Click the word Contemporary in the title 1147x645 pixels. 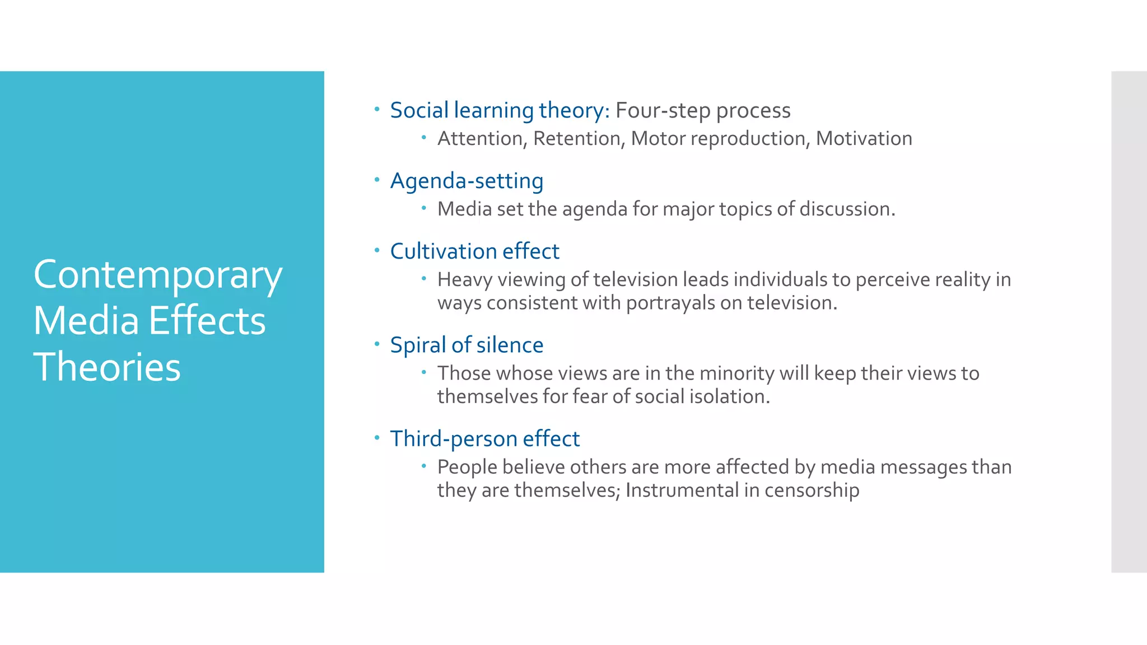[157, 275]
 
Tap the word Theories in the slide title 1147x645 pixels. [107, 367]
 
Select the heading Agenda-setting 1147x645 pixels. [467, 181]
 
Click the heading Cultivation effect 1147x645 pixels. [474, 251]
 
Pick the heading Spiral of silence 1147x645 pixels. [467, 345]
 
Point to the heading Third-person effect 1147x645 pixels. [484, 439]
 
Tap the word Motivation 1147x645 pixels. [864, 138]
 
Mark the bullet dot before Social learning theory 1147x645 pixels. [377, 109]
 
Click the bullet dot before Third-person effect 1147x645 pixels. [377, 437]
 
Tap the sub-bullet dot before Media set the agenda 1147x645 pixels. [424, 208]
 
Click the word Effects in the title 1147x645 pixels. [207, 321]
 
